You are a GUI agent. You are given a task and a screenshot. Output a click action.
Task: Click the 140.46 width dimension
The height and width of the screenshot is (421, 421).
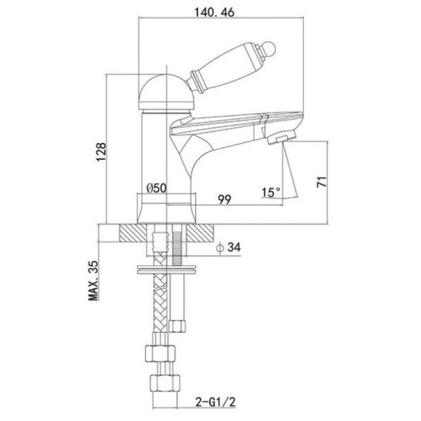tap(214, 13)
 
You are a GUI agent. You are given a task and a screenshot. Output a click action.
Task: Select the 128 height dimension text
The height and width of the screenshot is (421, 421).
tap(102, 152)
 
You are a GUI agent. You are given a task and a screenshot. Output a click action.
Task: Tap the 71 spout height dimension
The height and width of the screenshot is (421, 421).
tap(322, 182)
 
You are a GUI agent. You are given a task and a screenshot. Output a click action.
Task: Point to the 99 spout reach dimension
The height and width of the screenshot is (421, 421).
tap(225, 199)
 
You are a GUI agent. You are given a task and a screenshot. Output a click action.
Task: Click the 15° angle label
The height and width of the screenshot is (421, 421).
tap(271, 192)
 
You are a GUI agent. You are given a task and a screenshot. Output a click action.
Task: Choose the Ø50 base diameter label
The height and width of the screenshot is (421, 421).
tap(156, 188)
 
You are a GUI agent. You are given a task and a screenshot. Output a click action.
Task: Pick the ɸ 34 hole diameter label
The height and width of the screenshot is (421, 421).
tap(229, 247)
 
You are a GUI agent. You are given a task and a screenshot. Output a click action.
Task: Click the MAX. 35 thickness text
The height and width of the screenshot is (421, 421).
tap(94, 280)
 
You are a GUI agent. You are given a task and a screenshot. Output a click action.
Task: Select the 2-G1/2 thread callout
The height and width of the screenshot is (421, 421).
tap(216, 402)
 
